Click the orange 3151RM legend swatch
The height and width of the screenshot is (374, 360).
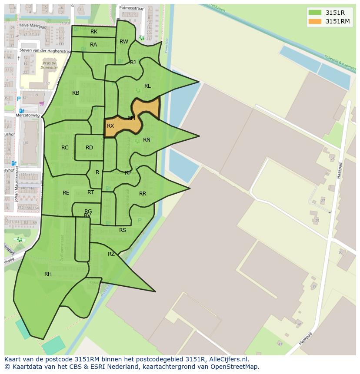click(x=314, y=21)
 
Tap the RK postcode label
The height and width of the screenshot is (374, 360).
click(x=94, y=32)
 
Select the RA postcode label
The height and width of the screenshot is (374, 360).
click(x=93, y=45)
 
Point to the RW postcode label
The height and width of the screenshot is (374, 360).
click(x=124, y=42)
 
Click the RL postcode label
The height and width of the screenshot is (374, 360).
click(x=147, y=86)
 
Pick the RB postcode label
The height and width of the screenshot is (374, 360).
click(x=76, y=93)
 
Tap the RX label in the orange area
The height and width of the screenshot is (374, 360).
click(x=110, y=126)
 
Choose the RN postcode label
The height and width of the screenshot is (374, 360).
click(x=147, y=140)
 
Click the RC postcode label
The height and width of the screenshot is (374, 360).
click(x=65, y=148)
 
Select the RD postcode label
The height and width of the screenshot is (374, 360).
click(x=89, y=148)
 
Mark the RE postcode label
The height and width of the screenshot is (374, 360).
click(x=66, y=193)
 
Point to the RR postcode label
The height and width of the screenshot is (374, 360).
click(x=143, y=194)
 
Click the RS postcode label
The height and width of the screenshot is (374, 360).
click(x=123, y=230)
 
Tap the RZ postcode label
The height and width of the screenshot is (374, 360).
click(x=111, y=254)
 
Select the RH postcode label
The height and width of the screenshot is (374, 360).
click(x=48, y=274)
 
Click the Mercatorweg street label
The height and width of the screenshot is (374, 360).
click(x=27, y=116)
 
